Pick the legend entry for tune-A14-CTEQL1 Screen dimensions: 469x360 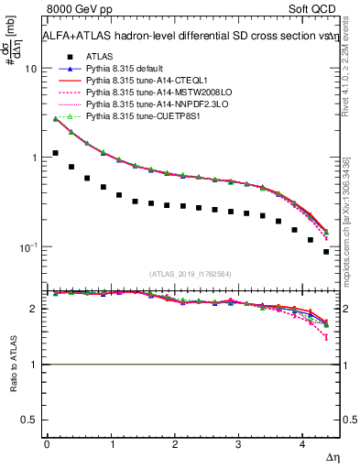145,81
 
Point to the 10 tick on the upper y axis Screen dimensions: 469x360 31,70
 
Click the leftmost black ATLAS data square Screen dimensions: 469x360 56,153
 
